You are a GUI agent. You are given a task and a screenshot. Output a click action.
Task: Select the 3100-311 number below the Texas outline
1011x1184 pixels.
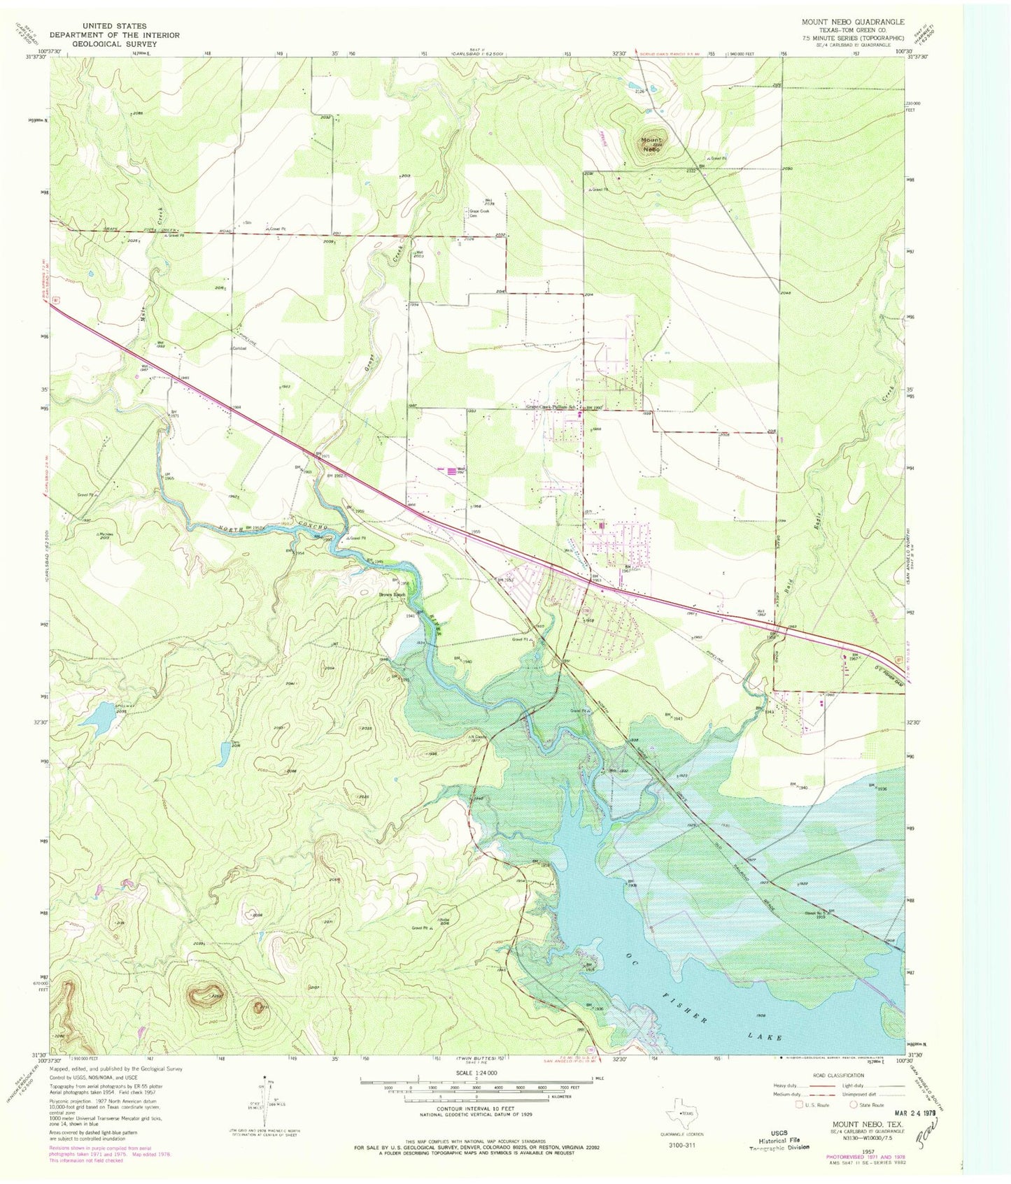(x=681, y=1146)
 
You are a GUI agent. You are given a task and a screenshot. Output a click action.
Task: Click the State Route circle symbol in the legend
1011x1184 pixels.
(x=853, y=1104)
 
